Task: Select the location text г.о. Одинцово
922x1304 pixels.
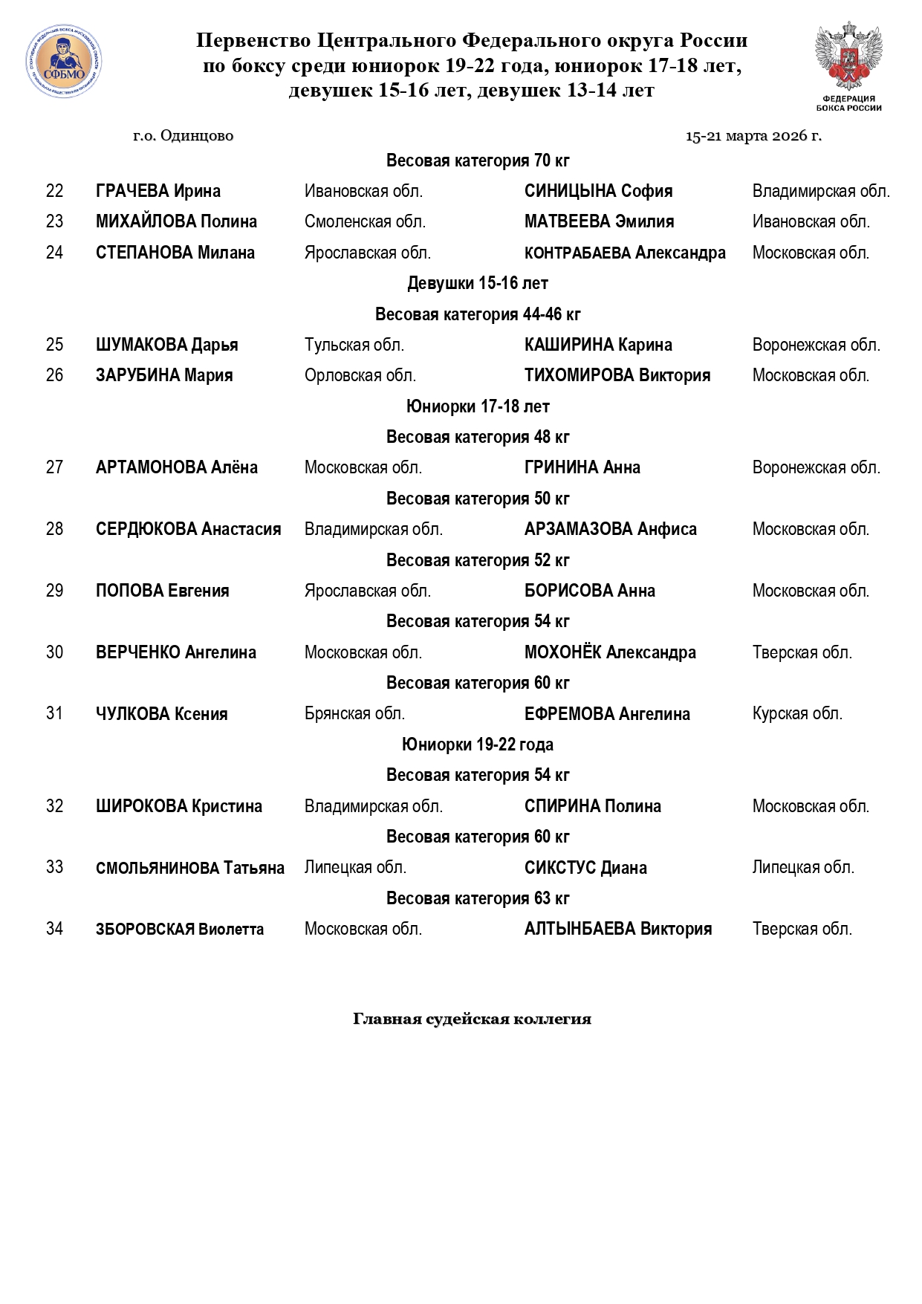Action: point(183,136)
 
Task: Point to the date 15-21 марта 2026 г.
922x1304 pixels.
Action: point(753,136)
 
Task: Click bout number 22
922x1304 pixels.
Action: point(54,191)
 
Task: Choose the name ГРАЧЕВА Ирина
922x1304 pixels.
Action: point(158,191)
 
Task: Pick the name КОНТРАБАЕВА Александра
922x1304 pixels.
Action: point(625,253)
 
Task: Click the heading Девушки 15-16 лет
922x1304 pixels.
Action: point(478,283)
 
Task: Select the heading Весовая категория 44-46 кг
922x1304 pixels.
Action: point(478,314)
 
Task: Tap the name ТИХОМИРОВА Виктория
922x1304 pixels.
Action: point(617,375)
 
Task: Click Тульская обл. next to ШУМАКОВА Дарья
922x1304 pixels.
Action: point(354,345)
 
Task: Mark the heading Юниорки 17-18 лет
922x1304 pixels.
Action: point(478,406)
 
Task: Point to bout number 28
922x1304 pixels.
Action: point(54,529)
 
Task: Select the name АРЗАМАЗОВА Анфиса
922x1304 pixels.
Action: point(611,529)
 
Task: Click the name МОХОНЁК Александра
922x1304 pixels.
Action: point(610,652)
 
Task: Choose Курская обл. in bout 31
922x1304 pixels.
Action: point(797,714)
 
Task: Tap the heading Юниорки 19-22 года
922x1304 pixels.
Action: point(478,745)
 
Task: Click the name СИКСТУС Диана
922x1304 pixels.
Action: point(585,868)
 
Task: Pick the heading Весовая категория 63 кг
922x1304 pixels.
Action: point(478,898)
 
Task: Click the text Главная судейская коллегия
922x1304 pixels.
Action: point(472,1019)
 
